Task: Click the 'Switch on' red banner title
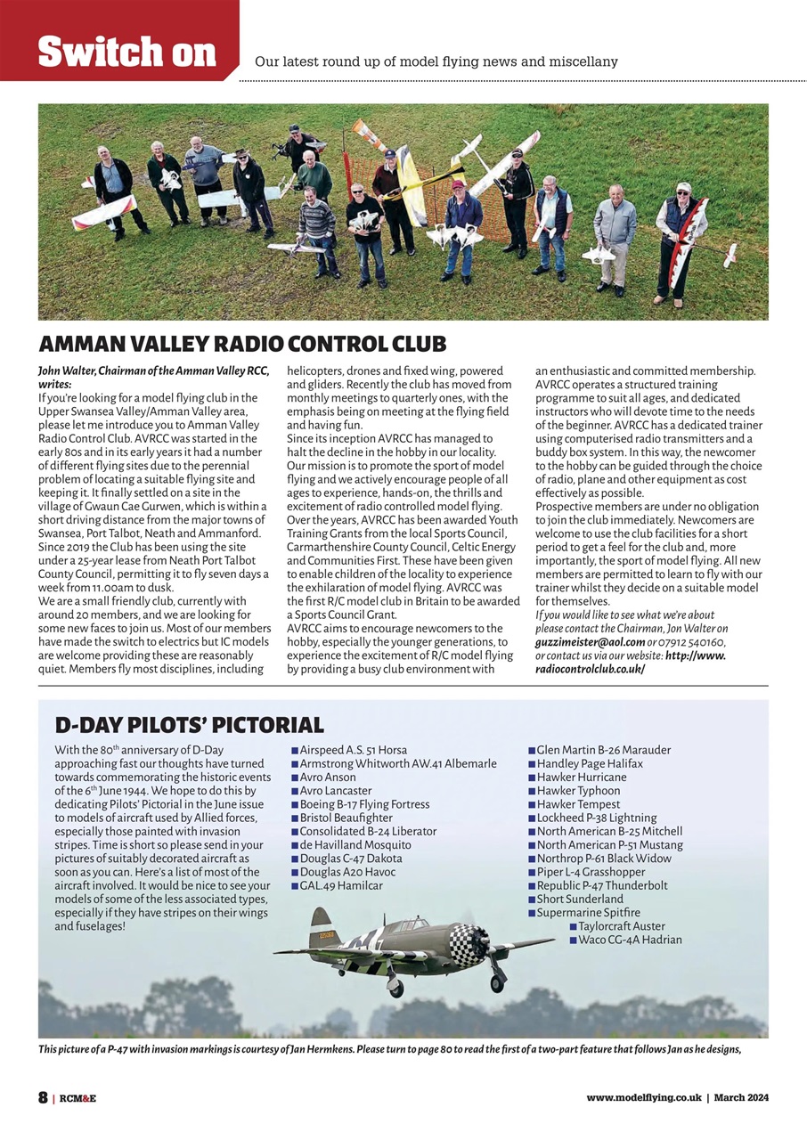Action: [126, 52]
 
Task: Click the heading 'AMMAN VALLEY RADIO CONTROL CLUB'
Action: [242, 344]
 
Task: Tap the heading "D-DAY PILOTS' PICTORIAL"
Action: [189, 724]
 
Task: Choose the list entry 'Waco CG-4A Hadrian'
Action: [630, 940]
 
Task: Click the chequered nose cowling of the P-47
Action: [467, 944]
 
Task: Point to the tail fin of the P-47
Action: [322, 926]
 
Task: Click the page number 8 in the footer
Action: [43, 1097]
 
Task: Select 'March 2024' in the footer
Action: [741, 1098]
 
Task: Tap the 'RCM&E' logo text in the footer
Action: [77, 1098]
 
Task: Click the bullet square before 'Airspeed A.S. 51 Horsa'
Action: [295, 751]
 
